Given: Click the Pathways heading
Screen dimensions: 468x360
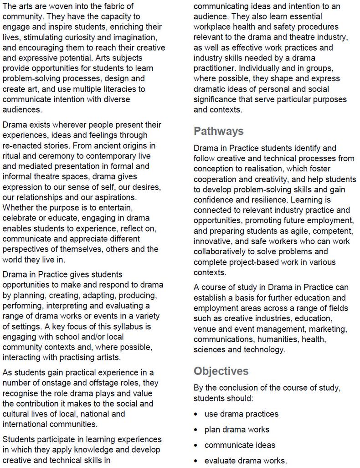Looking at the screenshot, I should [219, 131].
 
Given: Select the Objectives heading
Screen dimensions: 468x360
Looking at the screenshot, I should [221, 371].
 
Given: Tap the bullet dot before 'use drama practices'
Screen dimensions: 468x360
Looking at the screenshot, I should [195, 414].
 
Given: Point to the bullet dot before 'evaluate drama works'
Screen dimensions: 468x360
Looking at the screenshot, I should [195, 461].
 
